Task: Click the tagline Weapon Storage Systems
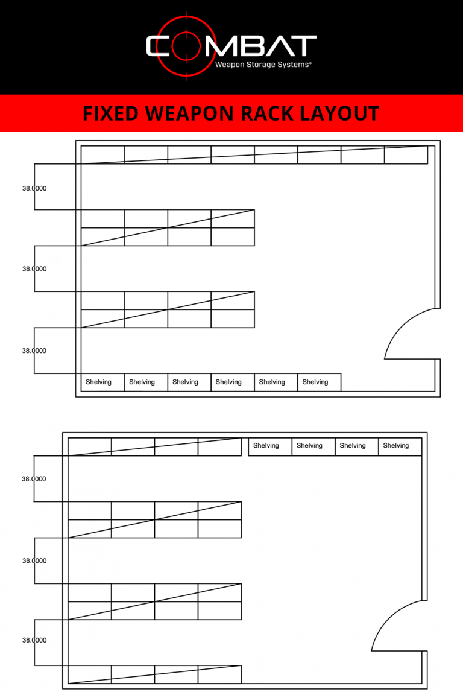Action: (x=263, y=63)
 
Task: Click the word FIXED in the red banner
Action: (x=112, y=113)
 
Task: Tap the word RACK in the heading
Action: (x=271, y=113)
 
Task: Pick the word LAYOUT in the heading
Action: (x=343, y=113)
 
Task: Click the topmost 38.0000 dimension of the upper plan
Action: (x=34, y=188)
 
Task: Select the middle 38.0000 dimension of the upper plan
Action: (x=34, y=269)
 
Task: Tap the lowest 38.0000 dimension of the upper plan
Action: (x=34, y=351)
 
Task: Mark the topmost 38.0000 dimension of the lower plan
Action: (x=34, y=479)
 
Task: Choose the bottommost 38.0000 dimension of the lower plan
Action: (x=34, y=640)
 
